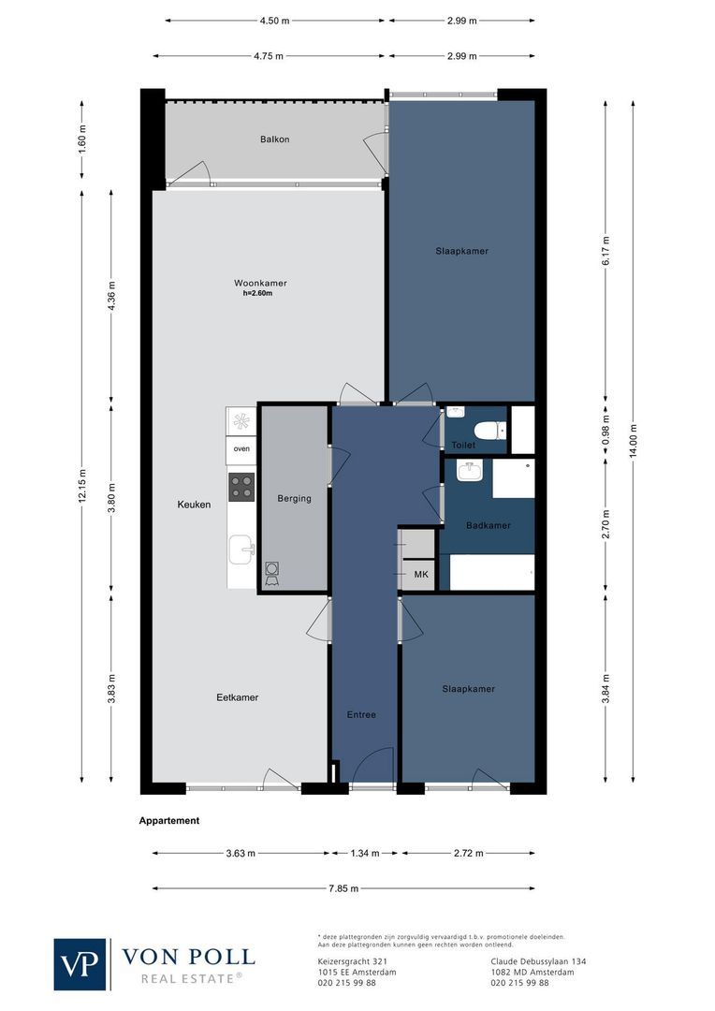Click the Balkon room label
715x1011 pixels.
click(x=274, y=139)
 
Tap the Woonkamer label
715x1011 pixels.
click(x=260, y=283)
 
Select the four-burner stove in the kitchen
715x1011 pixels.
click(x=241, y=487)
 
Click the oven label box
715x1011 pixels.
click(x=241, y=449)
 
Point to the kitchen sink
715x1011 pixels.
click(x=242, y=549)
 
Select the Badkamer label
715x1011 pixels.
click(x=489, y=525)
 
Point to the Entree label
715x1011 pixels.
click(x=361, y=714)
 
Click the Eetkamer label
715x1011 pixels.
click(x=237, y=697)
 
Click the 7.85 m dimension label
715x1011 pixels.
click(x=343, y=888)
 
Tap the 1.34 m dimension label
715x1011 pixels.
click(x=365, y=853)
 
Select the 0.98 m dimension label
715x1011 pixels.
click(x=606, y=427)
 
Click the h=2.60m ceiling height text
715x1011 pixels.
click(x=261, y=294)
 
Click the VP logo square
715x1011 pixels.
click(x=80, y=964)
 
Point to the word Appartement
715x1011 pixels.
click(x=169, y=821)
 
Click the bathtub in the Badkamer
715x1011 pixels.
click(x=492, y=572)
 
